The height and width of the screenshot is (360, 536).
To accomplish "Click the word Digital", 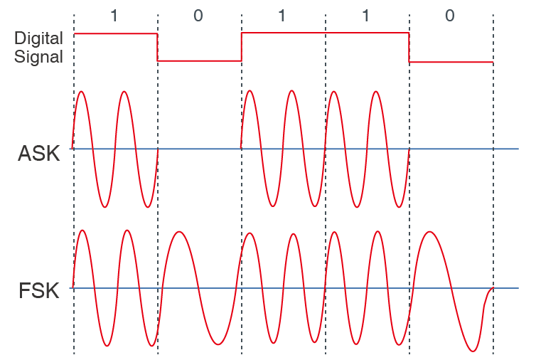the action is (38, 38).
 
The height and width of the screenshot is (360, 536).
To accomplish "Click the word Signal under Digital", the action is (38, 57).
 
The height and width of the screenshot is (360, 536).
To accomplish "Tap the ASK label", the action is (39, 153).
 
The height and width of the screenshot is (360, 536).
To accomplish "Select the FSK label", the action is (39, 291).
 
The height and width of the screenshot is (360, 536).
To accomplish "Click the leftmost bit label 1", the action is (114, 16).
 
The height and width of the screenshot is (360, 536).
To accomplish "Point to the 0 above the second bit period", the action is (198, 16).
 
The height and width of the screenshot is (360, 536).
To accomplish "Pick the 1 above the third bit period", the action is (282, 16).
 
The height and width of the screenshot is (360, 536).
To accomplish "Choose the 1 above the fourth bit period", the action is (366, 16).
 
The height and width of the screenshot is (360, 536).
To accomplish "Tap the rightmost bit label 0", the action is (449, 16).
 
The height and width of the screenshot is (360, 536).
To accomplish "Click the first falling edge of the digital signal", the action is (157, 47).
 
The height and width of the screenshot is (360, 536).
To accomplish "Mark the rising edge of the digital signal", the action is (241, 47).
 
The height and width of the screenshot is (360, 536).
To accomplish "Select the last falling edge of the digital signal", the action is (409, 48).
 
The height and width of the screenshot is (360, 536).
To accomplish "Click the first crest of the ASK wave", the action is (81, 92).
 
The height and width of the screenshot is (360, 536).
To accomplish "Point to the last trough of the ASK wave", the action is (399, 207).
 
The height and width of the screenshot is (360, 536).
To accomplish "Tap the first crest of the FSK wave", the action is (82, 231).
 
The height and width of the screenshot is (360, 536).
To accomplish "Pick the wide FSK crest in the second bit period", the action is (178, 232).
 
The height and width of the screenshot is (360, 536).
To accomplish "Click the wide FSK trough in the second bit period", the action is (218, 344).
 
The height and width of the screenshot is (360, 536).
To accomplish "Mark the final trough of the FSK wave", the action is (473, 351).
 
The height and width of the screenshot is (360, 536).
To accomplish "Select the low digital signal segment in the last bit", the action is (451, 63).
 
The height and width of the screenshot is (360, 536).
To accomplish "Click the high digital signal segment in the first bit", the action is (116, 33).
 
